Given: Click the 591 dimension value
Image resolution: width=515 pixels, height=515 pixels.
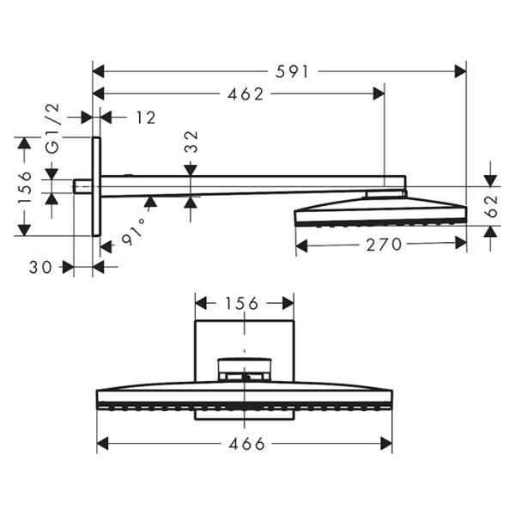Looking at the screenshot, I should (x=293, y=73).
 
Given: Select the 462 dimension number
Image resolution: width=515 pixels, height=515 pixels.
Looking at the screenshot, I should (x=245, y=94).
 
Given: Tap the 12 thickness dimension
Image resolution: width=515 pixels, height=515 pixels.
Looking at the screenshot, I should (x=145, y=118).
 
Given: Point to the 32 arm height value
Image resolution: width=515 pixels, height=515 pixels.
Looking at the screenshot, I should (x=191, y=142).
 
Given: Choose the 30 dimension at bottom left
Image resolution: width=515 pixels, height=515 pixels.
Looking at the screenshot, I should (x=39, y=267).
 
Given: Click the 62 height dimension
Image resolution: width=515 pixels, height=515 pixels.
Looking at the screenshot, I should (x=490, y=206).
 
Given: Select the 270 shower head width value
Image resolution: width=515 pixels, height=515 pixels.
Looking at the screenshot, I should (x=383, y=245).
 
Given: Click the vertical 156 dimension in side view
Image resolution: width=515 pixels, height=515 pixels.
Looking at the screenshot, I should (x=24, y=187).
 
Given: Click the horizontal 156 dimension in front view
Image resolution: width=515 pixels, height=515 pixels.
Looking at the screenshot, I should (x=245, y=303).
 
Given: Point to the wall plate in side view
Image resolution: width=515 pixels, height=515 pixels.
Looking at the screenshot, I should (x=96, y=185).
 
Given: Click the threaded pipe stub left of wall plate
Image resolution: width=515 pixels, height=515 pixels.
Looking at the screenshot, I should (x=82, y=185).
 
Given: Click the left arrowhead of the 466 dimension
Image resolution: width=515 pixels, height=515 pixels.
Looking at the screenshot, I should (x=102, y=444).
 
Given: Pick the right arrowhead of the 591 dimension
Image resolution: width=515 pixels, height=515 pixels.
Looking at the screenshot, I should (x=460, y=73).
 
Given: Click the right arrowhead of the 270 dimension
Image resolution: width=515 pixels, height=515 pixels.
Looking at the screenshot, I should (x=460, y=245).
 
